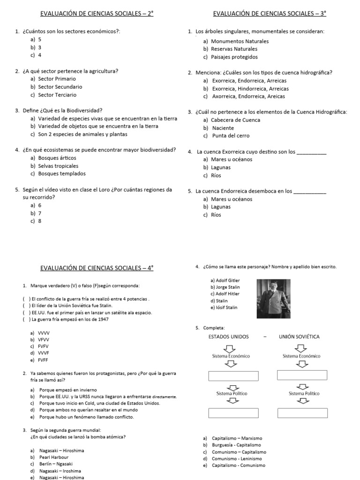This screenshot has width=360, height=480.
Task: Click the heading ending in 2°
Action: [x=97, y=14]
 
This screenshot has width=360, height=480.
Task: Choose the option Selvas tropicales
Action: [x=57, y=165]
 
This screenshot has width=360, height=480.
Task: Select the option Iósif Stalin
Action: [x=224, y=307]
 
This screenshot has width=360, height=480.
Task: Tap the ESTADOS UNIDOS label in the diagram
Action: [x=229, y=337]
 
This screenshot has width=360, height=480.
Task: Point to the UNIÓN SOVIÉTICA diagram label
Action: [x=299, y=337]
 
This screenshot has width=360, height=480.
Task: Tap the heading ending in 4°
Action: [x=97, y=269]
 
